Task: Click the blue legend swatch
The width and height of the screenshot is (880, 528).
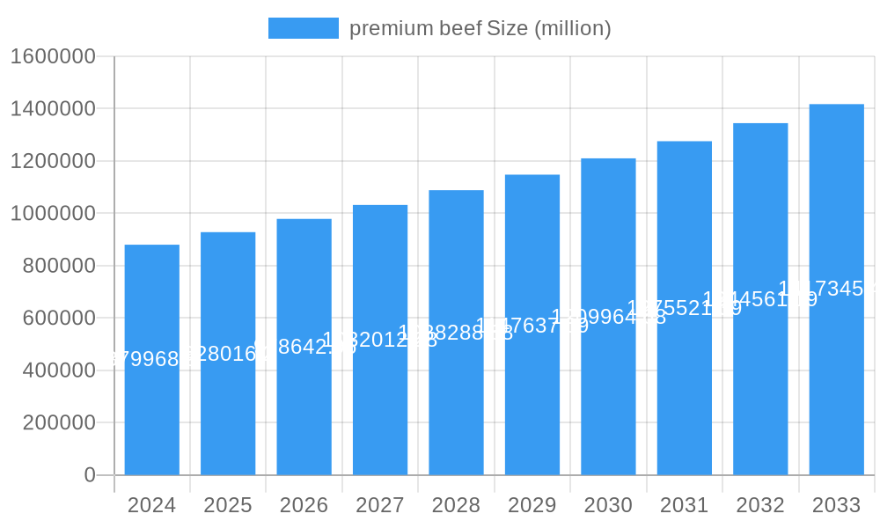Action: click(x=303, y=28)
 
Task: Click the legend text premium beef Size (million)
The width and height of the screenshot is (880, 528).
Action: click(x=480, y=28)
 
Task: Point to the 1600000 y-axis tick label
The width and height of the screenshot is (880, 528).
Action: click(x=52, y=56)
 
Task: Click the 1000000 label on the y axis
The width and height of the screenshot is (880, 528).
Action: click(x=52, y=214)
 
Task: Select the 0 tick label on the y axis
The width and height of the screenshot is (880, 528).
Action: click(x=89, y=475)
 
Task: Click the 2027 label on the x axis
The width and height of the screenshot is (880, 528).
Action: click(x=380, y=505)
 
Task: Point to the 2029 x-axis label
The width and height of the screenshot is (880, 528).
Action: click(x=532, y=505)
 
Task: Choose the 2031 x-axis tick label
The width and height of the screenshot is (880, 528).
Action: click(x=685, y=505)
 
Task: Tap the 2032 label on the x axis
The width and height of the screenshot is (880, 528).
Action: click(x=760, y=505)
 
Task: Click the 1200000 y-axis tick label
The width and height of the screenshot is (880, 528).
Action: click(x=52, y=161)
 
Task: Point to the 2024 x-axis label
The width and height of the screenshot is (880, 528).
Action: click(x=151, y=505)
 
